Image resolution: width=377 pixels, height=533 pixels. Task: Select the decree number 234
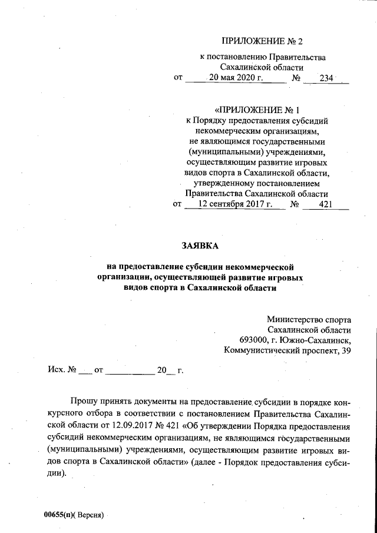(x=326, y=77)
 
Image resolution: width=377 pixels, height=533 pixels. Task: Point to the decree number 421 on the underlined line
(x=325, y=204)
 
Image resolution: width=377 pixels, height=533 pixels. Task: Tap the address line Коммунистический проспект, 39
(x=288, y=351)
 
